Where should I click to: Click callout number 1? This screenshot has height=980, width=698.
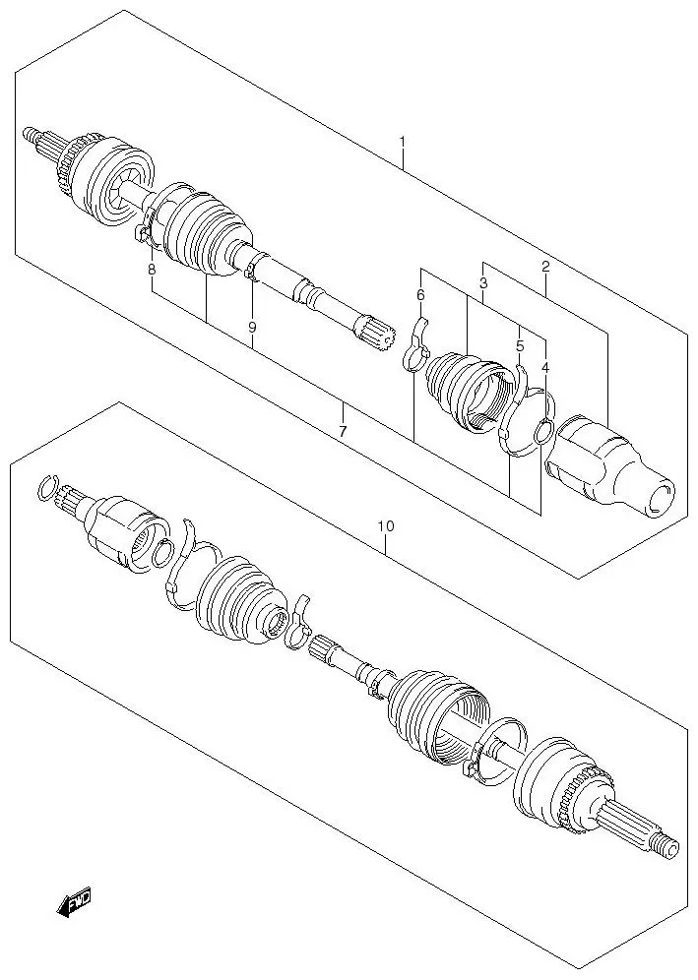pos(402,143)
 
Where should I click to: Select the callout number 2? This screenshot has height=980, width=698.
pos(545,266)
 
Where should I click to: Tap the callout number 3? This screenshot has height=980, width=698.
pos(483,283)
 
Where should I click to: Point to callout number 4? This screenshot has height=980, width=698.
pos(544,367)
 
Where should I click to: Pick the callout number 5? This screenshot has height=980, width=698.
pos(520,345)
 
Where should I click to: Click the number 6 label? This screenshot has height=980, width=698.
pos(420,294)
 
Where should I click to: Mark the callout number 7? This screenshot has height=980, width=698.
pos(342,431)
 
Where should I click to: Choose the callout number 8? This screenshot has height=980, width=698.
pos(152,270)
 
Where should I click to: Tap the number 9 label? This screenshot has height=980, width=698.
pos(252,326)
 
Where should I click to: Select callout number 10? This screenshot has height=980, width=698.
pos(385,526)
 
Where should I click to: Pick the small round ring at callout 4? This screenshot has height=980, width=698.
pos(542,432)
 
